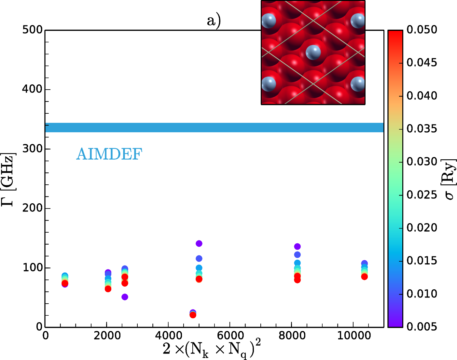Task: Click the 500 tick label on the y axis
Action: pyautogui.click(x=33, y=30)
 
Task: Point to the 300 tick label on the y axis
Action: pyautogui.click(x=33, y=149)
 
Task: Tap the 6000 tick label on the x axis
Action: pyautogui.click(x=230, y=335)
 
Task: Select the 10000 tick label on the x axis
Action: pyautogui.click(x=354, y=335)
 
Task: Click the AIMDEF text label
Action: pyautogui.click(x=109, y=154)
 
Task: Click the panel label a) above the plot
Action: pyautogui.click(x=214, y=21)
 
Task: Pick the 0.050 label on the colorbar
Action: pyautogui.click(x=422, y=30)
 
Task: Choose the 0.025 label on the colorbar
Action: pyautogui.click(x=422, y=195)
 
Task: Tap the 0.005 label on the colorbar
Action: pyautogui.click(x=422, y=326)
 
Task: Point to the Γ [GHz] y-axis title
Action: pyautogui.click(x=8, y=179)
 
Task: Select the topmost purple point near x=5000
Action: pyautogui.click(x=199, y=243)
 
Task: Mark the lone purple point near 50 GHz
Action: pyautogui.click(x=125, y=297)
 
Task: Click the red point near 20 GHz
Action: pyautogui.click(x=193, y=315)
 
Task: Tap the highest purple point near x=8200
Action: pyautogui.click(x=297, y=246)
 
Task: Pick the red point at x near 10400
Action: pyautogui.click(x=364, y=277)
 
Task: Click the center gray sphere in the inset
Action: pyautogui.click(x=313, y=52)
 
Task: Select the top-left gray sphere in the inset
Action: pyautogui.click(x=269, y=21)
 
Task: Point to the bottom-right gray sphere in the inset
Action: pyautogui.click(x=357, y=84)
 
